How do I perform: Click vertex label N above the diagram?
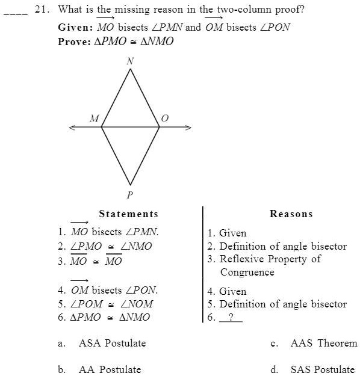(x=130, y=61)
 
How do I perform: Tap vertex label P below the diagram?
(x=130, y=195)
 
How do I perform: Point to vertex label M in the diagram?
(x=93, y=119)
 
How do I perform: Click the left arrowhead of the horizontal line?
(x=72, y=127)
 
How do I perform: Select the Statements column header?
(x=128, y=214)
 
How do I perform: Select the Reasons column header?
(x=291, y=214)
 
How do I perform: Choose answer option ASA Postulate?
(x=112, y=344)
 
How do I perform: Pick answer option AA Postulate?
(x=110, y=369)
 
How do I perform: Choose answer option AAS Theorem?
(x=323, y=344)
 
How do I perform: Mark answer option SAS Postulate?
(x=322, y=369)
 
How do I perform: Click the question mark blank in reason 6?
(x=231, y=317)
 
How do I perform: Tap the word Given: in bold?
(x=75, y=28)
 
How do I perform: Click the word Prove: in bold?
(x=75, y=42)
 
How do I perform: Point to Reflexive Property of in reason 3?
(x=270, y=259)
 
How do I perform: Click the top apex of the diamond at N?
(x=130, y=69)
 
